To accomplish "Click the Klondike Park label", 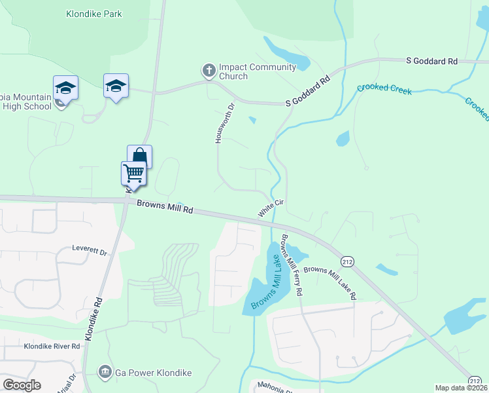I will click(x=94, y=14).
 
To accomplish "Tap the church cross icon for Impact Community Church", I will click(x=209, y=70).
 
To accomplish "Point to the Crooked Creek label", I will click(x=384, y=89).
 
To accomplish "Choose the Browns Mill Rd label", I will click(x=165, y=207).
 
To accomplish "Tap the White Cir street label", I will click(x=270, y=209).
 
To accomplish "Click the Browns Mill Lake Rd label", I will click(x=330, y=282).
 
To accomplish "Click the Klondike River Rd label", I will click(x=52, y=346).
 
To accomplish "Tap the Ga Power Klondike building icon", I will click(x=104, y=372).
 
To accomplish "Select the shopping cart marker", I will click(x=133, y=174).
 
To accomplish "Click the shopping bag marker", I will click(x=139, y=157).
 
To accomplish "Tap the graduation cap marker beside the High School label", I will click(x=65, y=87).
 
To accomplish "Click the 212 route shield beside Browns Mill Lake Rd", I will click(x=347, y=261).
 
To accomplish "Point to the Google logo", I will click(x=22, y=384).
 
